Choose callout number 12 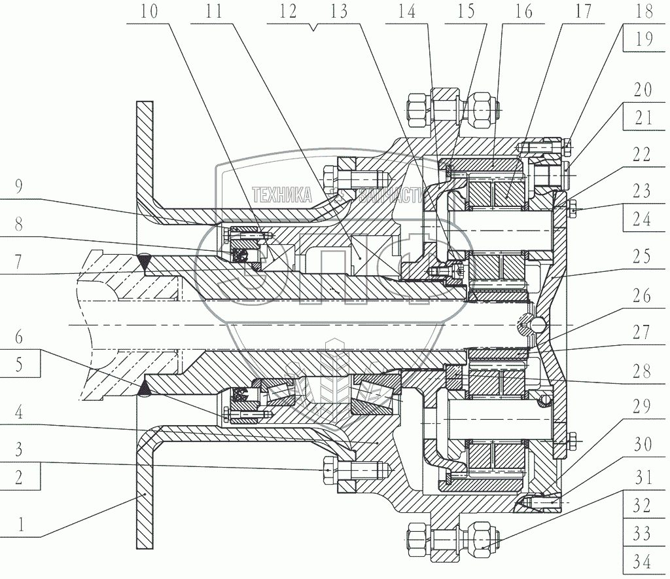(x=287, y=11)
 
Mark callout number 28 (x=642, y=372)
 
